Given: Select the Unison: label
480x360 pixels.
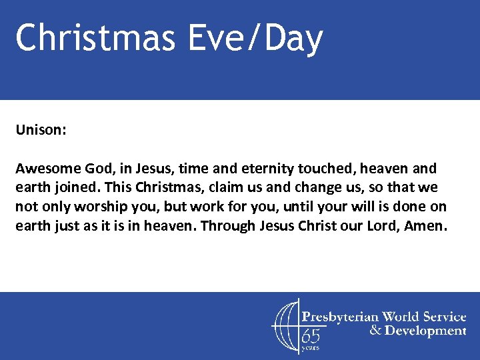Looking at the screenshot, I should (41, 129).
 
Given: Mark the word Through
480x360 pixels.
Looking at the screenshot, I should (228, 225).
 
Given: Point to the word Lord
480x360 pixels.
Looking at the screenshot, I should (385, 225).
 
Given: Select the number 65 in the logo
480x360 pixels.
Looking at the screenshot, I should (311, 336).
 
